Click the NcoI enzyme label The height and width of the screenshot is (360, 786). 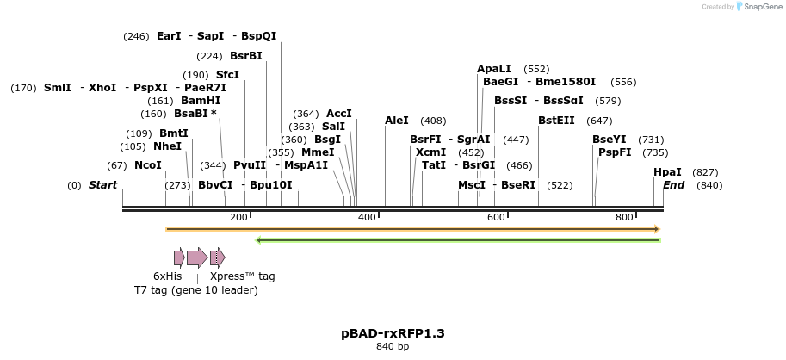tap(147, 165)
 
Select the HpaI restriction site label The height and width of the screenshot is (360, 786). tap(667, 172)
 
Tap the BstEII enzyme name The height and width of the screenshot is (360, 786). tap(556, 121)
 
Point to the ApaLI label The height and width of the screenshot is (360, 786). tap(494, 69)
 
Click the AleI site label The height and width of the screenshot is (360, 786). tap(397, 121)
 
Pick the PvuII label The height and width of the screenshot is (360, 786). tap(250, 165)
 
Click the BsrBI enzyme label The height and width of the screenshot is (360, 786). tap(245, 56)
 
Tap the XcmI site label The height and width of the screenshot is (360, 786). tap(430, 152)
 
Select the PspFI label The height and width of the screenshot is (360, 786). tap(615, 152)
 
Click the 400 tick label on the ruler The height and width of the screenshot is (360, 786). tap(367, 218)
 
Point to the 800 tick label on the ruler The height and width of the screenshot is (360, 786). tap(624, 218)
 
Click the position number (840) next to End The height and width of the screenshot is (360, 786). tap(709, 185)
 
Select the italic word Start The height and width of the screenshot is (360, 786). tap(102, 185)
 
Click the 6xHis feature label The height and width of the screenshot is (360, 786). tap(167, 276)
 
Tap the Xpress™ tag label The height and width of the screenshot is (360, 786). tap(242, 276)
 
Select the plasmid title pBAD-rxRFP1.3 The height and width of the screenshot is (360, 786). tap(393, 332)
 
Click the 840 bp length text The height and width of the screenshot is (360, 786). tap(393, 347)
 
